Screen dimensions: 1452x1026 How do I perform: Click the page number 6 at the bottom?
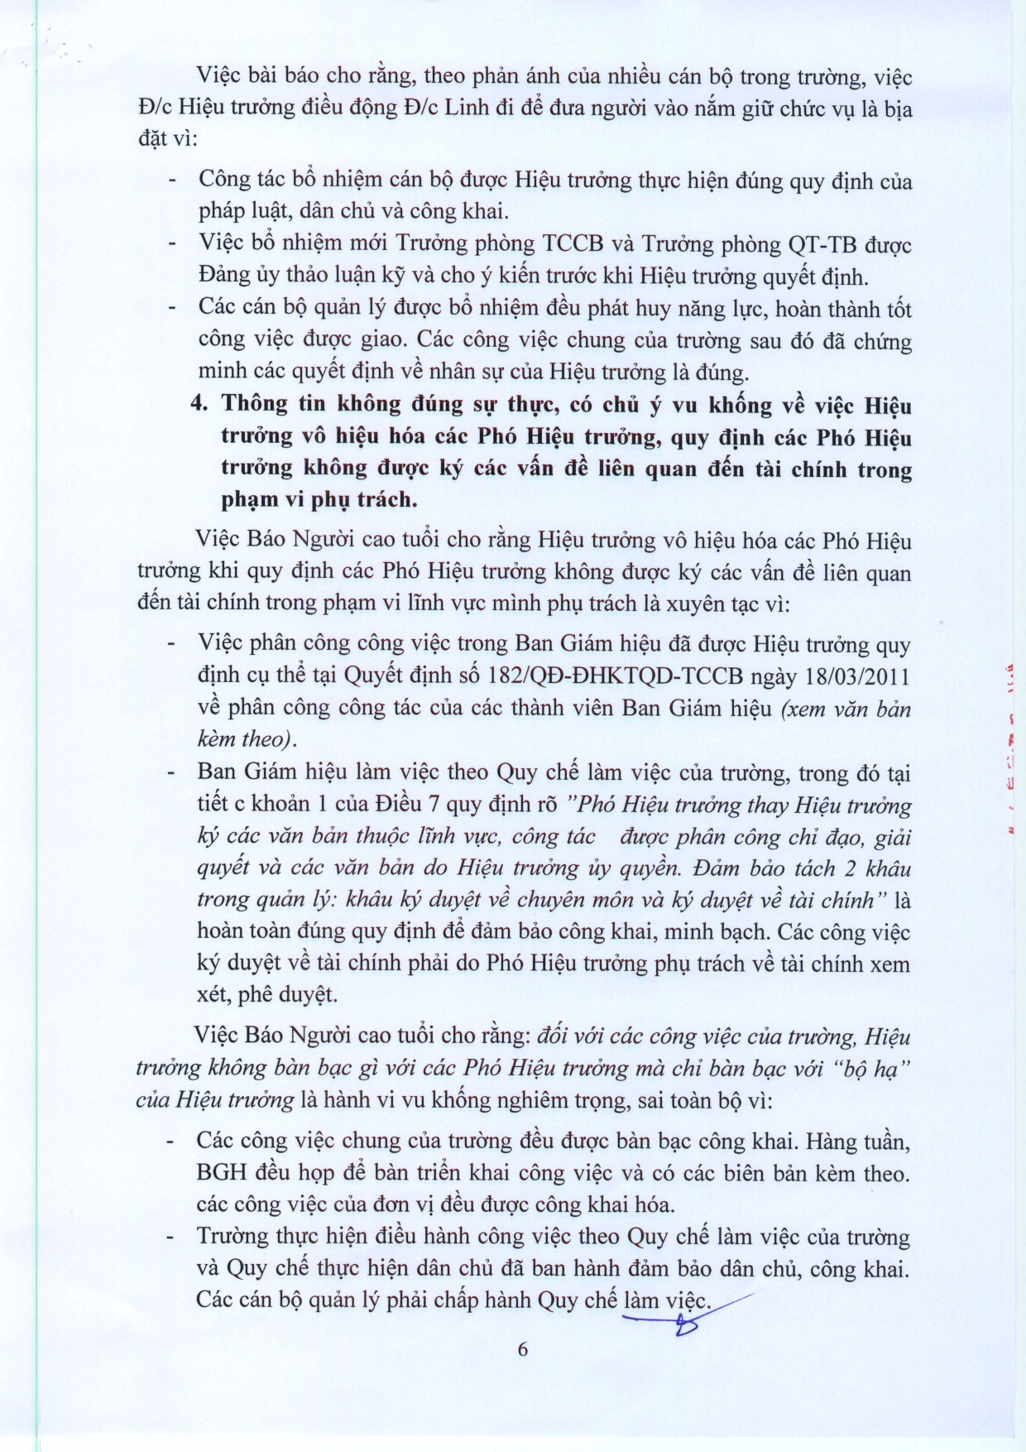(522, 1349)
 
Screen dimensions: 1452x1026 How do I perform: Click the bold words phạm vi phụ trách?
(319, 499)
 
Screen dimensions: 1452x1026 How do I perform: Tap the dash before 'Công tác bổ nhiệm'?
(172, 180)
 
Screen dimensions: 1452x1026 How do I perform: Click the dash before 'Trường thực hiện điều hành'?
(172, 1237)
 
